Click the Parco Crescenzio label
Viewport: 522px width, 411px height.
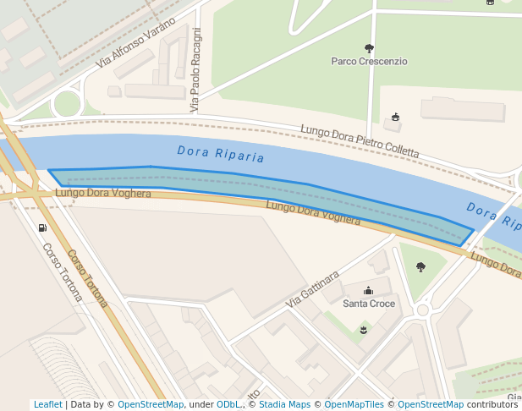click(369, 62)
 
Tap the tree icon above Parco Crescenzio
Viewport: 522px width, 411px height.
click(368, 48)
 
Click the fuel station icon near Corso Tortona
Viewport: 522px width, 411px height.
click(42, 227)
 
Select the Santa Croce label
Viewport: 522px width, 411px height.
click(368, 304)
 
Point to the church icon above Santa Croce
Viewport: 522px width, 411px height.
click(368, 291)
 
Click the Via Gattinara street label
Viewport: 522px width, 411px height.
click(312, 289)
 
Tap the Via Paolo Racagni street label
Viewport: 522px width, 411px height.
click(196, 70)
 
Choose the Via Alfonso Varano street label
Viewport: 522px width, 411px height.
click(136, 43)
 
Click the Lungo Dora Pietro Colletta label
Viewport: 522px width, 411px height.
click(360, 141)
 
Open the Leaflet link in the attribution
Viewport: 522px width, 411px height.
click(47, 405)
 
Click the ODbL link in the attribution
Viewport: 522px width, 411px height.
click(228, 405)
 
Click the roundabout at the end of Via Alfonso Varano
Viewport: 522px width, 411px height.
click(66, 105)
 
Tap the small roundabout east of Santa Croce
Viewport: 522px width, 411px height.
click(423, 310)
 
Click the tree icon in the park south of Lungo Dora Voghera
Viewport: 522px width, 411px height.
click(420, 267)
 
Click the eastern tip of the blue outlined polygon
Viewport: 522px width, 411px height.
click(473, 229)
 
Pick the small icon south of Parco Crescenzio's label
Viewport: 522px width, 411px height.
click(395, 118)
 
